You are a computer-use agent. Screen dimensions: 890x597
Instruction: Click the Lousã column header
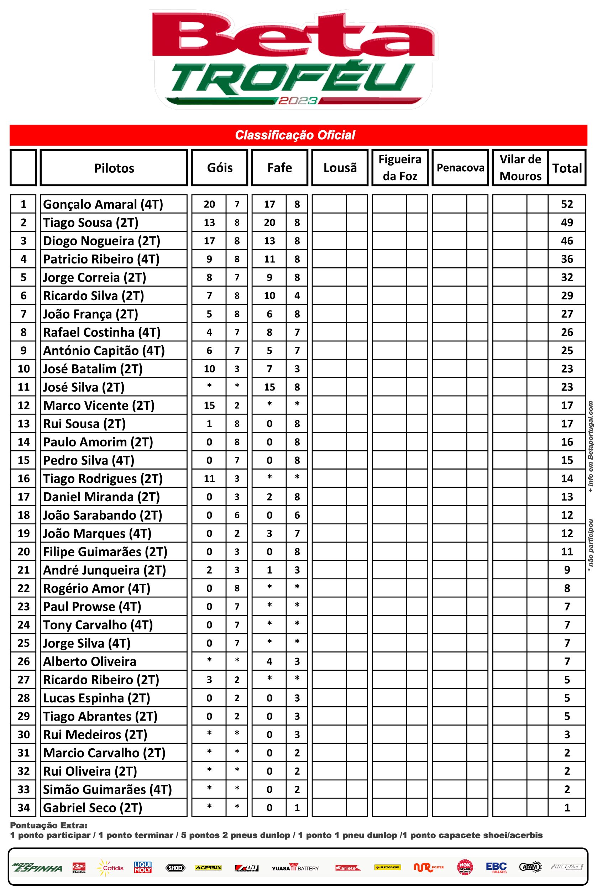point(340,168)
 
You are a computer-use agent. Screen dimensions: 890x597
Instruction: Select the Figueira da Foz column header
point(400,168)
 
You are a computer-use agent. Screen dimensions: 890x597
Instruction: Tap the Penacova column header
point(460,168)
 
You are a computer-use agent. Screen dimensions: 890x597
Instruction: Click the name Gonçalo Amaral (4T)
point(103,204)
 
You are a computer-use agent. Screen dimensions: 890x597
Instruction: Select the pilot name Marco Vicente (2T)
point(99,405)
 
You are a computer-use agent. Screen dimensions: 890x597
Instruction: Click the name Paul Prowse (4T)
point(92,606)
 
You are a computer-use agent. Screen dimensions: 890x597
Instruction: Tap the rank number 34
point(23,807)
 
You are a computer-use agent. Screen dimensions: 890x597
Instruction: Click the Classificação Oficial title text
point(295,135)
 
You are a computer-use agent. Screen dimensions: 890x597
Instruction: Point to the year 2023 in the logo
point(297,101)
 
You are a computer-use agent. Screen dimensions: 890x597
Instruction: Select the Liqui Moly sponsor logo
point(143,867)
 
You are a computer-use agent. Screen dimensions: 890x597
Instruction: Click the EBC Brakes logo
point(497,868)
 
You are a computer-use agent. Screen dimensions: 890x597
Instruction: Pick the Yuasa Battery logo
point(295,868)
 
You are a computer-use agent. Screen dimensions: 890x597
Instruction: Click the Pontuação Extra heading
point(48,825)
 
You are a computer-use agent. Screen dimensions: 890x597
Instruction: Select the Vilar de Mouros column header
point(520,168)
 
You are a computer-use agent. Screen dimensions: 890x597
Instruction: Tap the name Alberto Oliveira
point(89,661)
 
